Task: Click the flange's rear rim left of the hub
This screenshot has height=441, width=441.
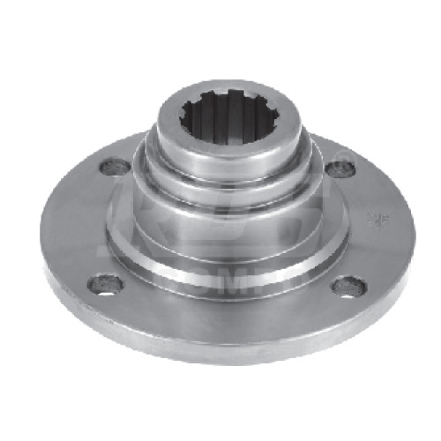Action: point(115,146)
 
